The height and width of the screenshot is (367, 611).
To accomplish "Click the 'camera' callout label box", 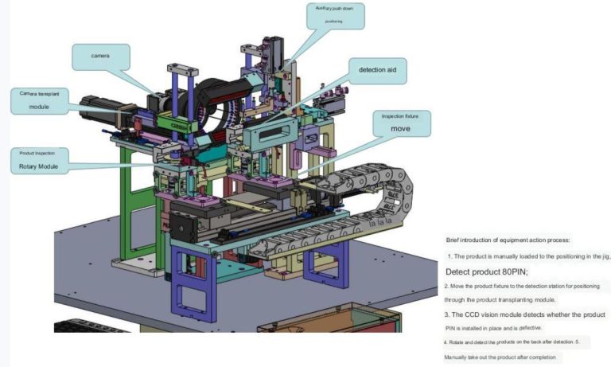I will click(x=100, y=57).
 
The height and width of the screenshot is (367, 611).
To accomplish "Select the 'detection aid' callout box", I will click(x=382, y=71).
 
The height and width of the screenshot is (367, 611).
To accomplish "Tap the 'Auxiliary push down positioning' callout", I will click(x=334, y=14).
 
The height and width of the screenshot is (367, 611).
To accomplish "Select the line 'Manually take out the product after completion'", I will click(x=503, y=357).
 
